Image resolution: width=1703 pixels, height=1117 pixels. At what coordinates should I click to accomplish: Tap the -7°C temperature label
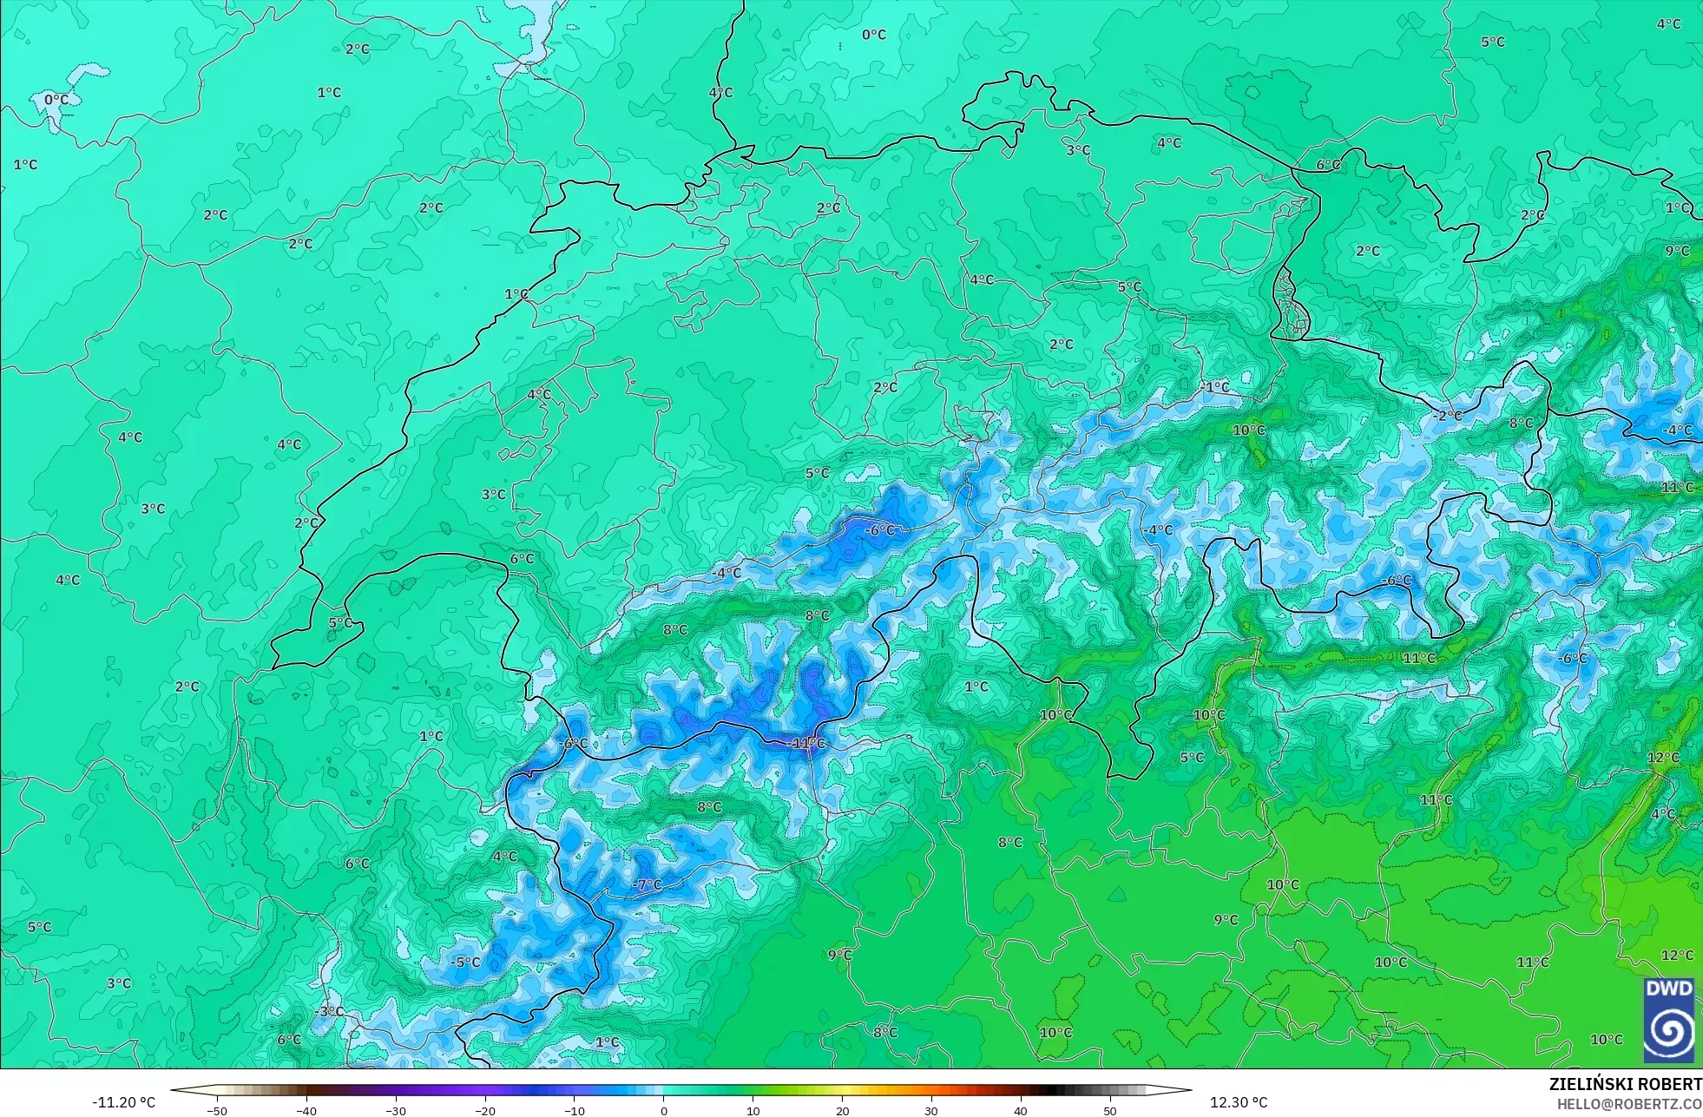pos(647,885)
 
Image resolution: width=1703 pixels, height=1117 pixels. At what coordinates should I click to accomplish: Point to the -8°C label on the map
pos(884,1032)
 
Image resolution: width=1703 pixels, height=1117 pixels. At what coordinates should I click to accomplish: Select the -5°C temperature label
pos(464,962)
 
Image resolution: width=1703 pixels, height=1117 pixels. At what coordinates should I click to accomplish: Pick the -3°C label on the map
pos(330,1011)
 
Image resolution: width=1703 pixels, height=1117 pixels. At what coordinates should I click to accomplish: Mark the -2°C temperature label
pos(1447,416)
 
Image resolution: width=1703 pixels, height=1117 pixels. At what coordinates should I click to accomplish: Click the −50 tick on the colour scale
pos(216,1110)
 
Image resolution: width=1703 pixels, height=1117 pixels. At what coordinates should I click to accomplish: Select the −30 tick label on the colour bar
pos(395,1110)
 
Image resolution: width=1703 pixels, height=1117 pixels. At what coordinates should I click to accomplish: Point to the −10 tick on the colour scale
pos(574,1110)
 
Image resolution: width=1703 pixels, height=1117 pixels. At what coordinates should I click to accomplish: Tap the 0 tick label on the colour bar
pos(664,1110)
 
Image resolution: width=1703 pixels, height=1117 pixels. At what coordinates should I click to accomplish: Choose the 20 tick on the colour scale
pos(842,1110)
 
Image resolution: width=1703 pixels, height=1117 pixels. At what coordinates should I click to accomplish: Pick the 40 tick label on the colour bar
pos(1021,1110)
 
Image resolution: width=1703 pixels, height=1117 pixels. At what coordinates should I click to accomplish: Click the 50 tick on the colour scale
pos(1110,1110)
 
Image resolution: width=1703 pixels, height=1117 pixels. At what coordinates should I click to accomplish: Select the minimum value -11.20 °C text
pos(124,1102)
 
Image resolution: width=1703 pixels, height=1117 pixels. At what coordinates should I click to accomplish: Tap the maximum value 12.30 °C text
pos(1239,1102)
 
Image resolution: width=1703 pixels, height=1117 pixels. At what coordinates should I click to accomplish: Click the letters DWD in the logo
pos(1668,989)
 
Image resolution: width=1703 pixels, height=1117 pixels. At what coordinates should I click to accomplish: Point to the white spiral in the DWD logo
pos(1668,1032)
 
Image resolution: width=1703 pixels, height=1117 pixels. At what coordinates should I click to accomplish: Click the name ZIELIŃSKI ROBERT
pos(1625,1084)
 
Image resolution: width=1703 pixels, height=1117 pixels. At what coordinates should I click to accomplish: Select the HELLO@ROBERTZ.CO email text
pos(1628,1104)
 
